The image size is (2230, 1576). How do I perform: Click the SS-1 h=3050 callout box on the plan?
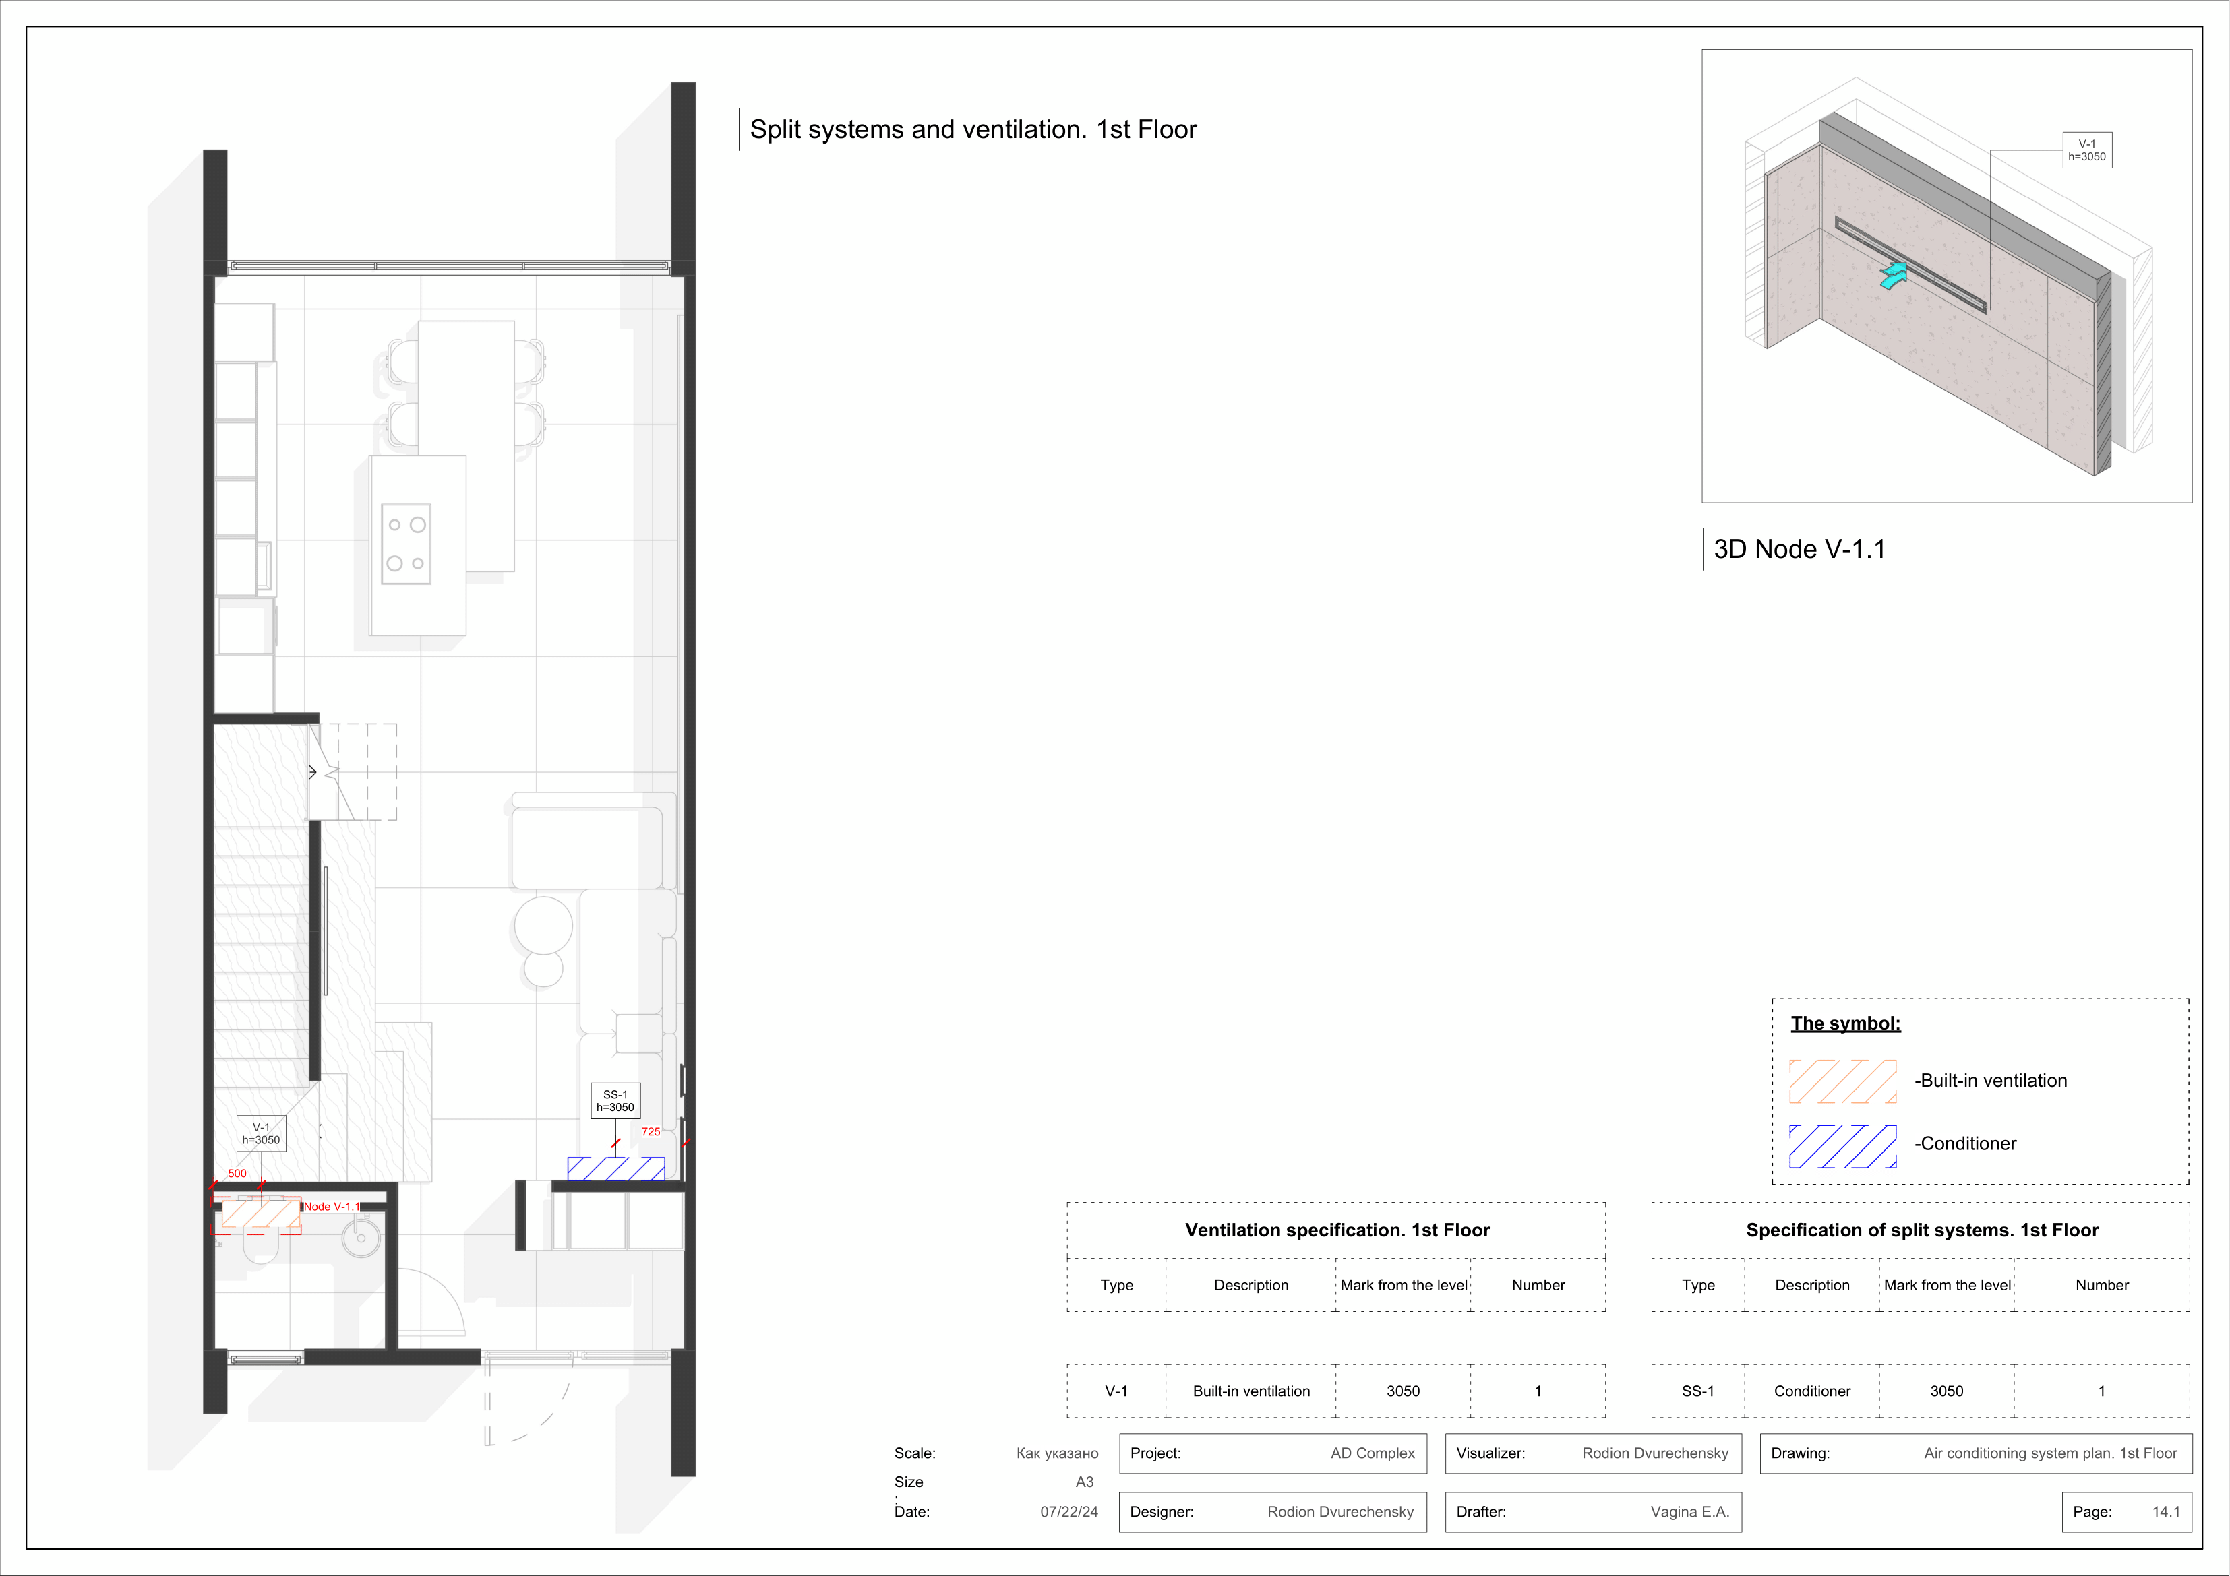(615, 1100)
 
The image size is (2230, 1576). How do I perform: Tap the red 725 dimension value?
(651, 1131)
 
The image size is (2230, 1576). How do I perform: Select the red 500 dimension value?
(237, 1173)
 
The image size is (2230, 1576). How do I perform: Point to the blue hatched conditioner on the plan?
(615, 1168)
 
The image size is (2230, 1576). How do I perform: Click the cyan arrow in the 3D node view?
(1893, 276)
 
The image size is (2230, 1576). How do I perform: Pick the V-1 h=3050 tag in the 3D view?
(2086, 150)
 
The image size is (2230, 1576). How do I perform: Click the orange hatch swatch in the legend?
(1842, 1081)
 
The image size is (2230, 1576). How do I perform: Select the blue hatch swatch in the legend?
(1842, 1146)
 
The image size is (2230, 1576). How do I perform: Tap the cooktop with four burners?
(406, 544)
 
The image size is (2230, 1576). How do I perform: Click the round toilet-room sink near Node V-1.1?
(361, 1237)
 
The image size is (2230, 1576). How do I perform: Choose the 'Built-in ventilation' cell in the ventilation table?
(1251, 1391)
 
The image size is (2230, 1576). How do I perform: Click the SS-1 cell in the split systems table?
(1697, 1391)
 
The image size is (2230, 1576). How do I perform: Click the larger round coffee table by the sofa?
(543, 924)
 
